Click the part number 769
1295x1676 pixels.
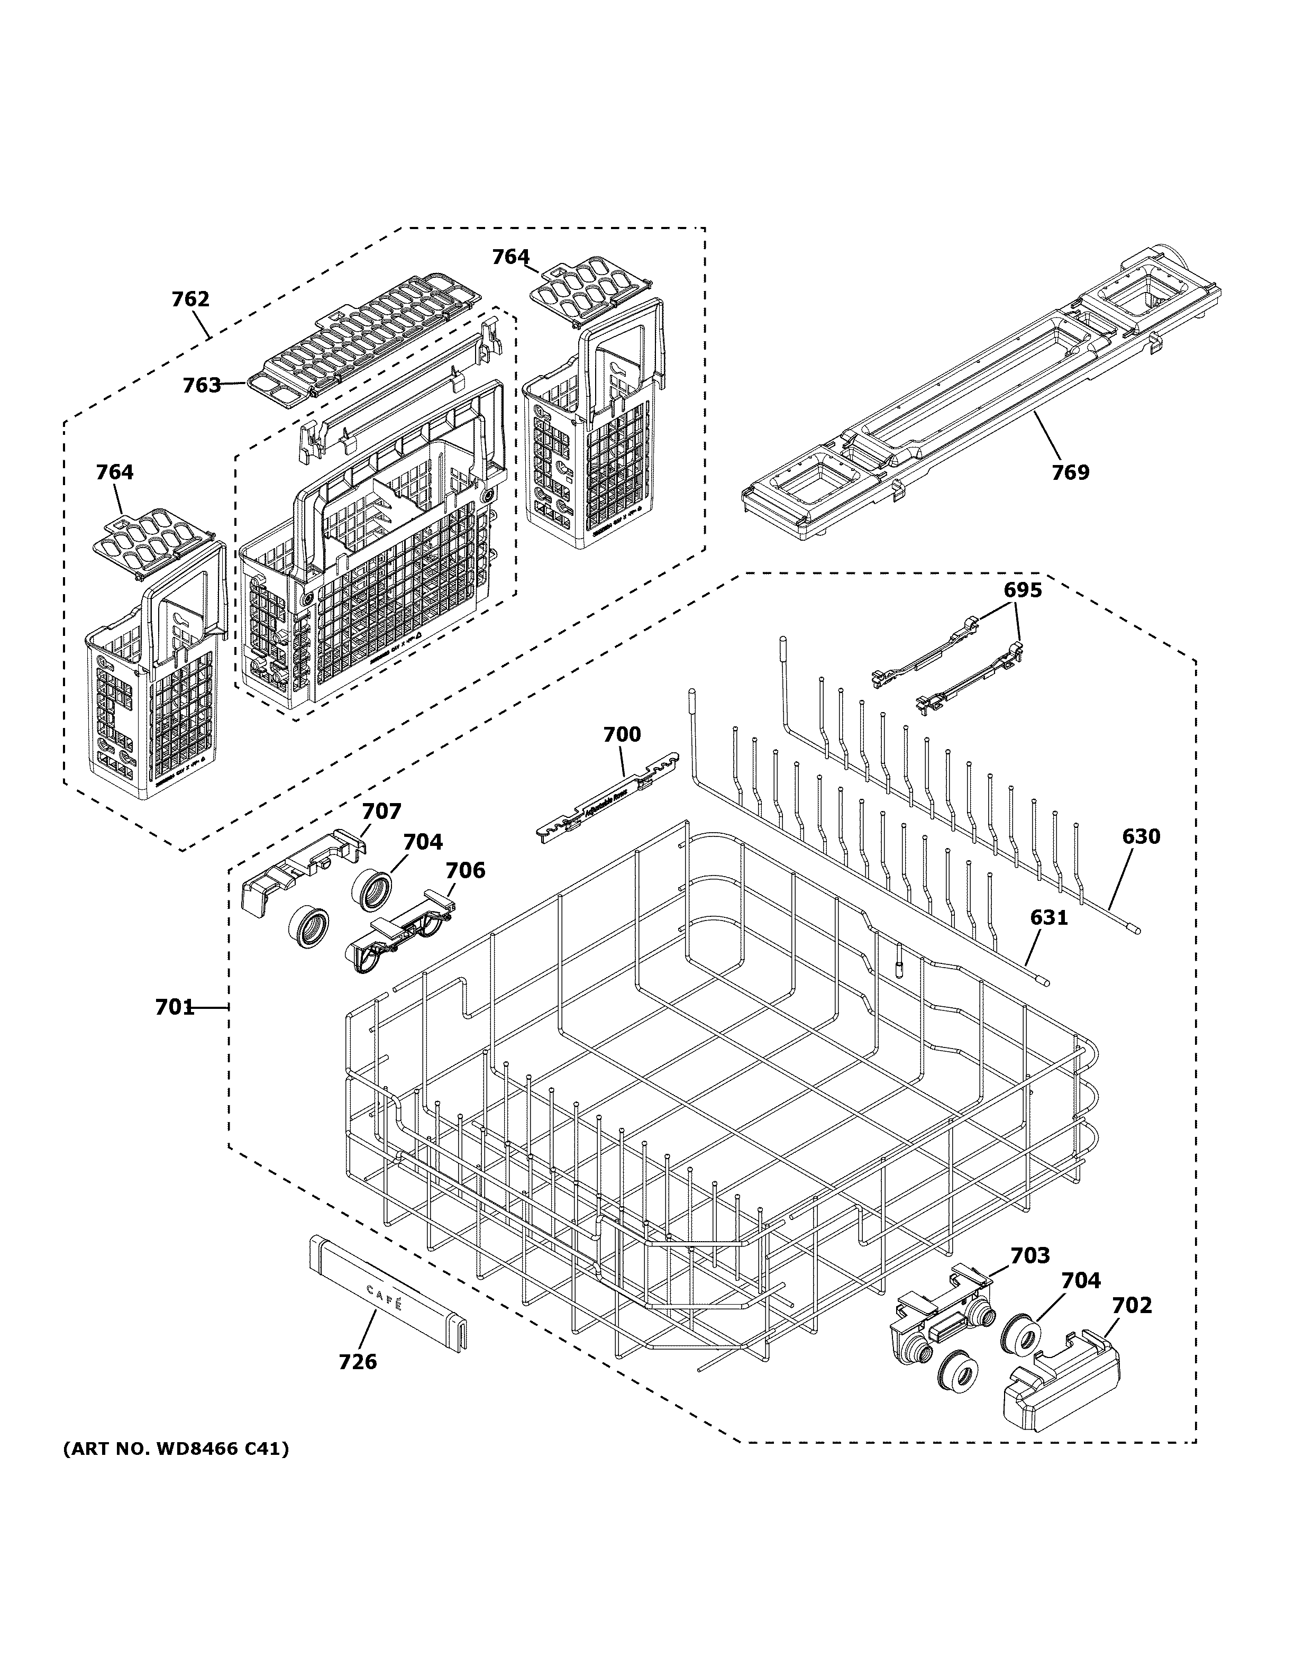coord(1070,472)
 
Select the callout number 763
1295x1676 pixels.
coord(201,385)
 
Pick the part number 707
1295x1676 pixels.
coord(381,811)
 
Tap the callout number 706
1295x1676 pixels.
coord(466,870)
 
